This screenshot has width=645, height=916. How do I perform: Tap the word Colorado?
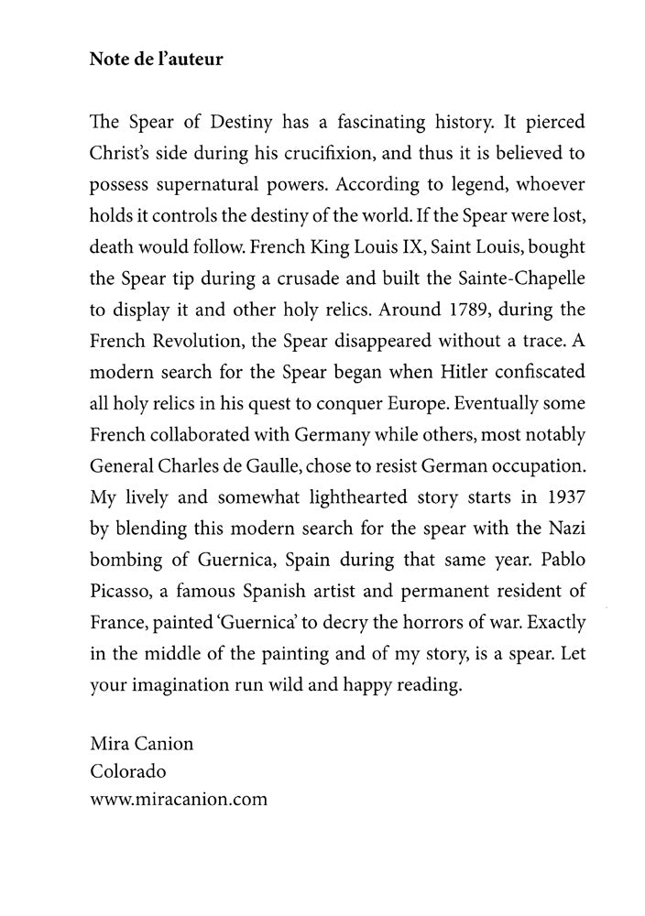(128, 771)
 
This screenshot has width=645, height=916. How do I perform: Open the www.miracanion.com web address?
(179, 799)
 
